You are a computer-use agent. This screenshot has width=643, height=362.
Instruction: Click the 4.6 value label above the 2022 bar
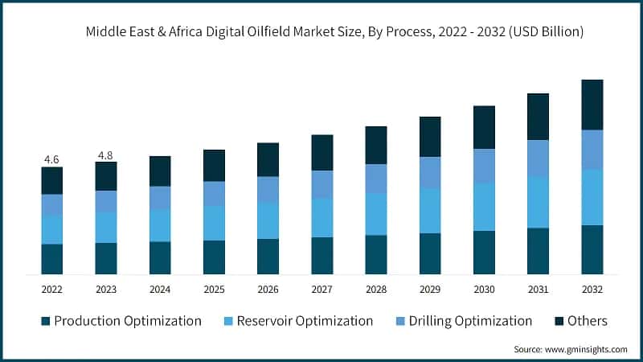(x=51, y=159)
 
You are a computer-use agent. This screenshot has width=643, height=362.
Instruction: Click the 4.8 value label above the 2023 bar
(x=105, y=154)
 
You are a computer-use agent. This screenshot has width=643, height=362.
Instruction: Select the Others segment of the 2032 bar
(x=592, y=105)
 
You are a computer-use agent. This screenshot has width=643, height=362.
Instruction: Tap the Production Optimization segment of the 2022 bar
(x=51, y=259)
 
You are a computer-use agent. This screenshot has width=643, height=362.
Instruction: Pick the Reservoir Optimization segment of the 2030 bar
(x=484, y=207)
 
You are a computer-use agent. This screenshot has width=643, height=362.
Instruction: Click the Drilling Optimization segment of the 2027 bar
(x=322, y=184)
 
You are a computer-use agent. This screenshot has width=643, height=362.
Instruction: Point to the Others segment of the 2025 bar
(x=214, y=165)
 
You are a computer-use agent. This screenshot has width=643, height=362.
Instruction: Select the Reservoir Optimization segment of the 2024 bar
(x=160, y=225)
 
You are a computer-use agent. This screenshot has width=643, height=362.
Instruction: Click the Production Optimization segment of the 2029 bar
(x=430, y=253)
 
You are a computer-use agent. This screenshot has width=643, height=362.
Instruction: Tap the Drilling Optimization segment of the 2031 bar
(x=538, y=158)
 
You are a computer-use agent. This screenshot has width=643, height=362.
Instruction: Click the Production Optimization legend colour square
(x=46, y=321)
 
